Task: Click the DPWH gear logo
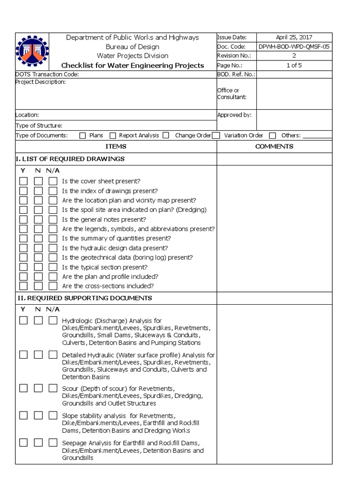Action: coord(32,52)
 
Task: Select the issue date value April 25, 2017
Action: coord(294,37)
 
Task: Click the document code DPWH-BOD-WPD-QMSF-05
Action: coord(294,47)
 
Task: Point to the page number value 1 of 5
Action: coord(294,65)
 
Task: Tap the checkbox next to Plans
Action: coord(82,135)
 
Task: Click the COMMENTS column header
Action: coord(274,146)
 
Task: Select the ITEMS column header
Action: coord(116,146)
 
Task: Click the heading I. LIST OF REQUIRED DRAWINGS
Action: coord(70,159)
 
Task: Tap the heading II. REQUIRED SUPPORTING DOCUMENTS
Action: coord(84,298)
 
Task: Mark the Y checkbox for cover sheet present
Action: coord(23,181)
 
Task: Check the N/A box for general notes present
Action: coord(53,219)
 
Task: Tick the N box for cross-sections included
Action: coord(38,286)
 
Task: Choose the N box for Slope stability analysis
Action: coord(38,415)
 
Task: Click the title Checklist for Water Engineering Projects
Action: coord(133,65)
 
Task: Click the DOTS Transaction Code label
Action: coord(47,74)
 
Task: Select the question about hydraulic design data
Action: coord(115,248)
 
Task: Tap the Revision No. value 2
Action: coord(294,56)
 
